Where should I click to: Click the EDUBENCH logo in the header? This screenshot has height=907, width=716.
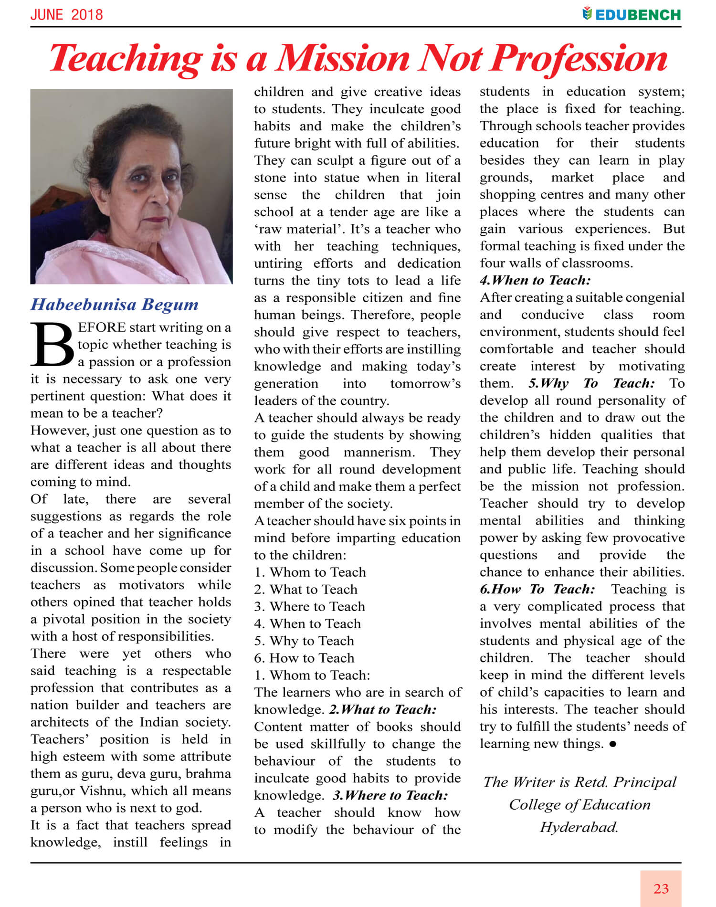coord(632,14)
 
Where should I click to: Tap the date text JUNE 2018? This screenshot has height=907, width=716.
coord(66,15)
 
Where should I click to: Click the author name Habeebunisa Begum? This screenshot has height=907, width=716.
coord(115,305)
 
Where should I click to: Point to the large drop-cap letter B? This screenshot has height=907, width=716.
coord(52,345)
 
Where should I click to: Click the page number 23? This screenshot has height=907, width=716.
coord(661,888)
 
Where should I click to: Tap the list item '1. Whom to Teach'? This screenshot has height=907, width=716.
coord(310,572)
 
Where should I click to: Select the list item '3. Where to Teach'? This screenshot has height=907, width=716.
coord(310,606)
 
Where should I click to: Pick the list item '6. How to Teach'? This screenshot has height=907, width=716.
coord(305,658)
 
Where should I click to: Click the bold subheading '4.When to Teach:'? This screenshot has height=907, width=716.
coord(535,280)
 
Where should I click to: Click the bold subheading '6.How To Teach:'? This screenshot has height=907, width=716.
coord(537,589)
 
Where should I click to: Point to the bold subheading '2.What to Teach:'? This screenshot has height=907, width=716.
coord(383,709)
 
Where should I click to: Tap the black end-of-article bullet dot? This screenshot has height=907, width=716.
coord(613,744)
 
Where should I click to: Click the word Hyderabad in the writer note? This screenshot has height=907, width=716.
coord(579,827)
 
